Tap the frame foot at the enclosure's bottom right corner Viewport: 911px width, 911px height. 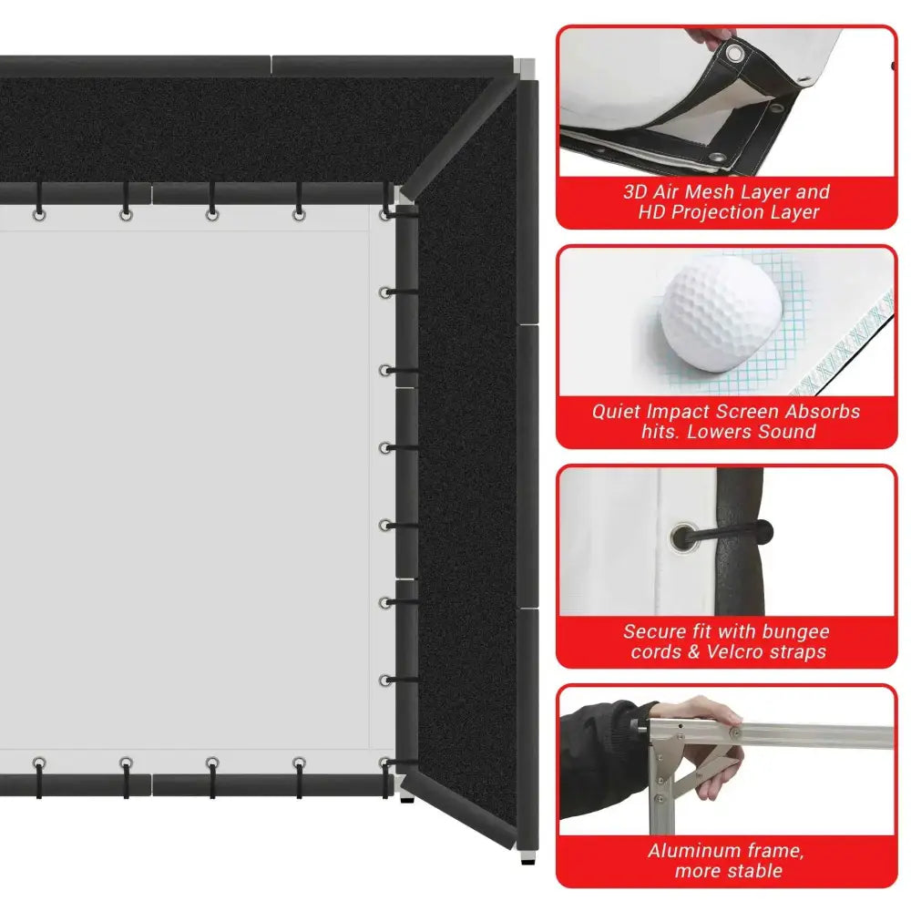point(525,855)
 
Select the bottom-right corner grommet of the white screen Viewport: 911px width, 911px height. point(386,763)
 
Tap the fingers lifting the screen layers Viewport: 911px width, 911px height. point(720,38)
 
